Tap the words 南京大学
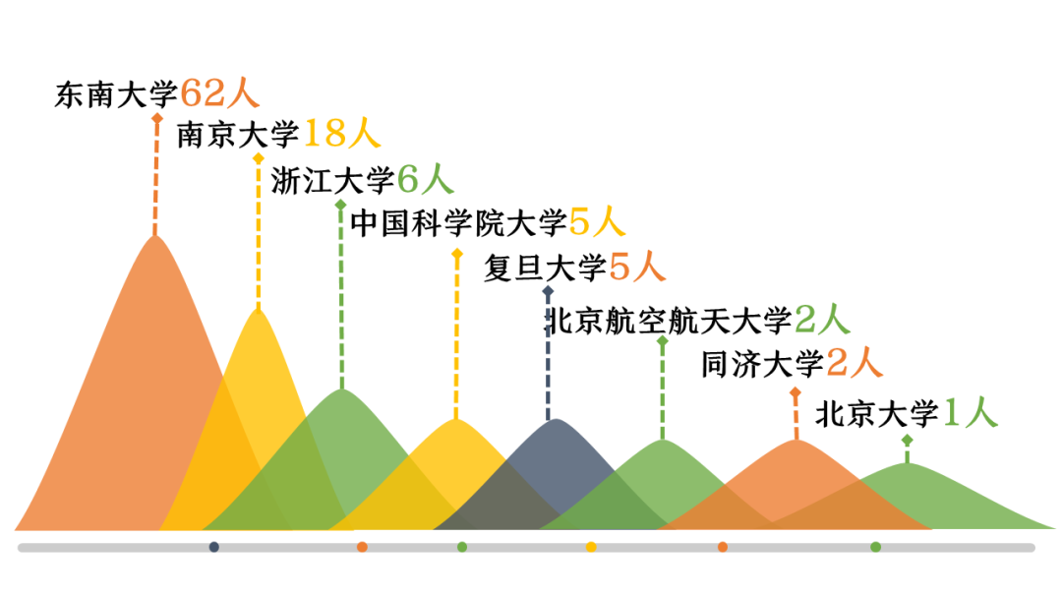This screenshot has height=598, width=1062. pyautogui.click(x=237, y=134)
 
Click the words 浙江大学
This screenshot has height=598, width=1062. pyautogui.click(x=332, y=181)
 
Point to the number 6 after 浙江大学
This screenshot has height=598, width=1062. pyautogui.click(x=408, y=180)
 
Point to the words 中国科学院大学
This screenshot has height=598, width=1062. pyautogui.click(x=458, y=224)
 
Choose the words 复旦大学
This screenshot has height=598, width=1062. pyautogui.click(x=544, y=268)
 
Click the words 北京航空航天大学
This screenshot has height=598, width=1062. pyautogui.click(x=669, y=321)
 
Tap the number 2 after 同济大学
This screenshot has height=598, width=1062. pyautogui.click(x=837, y=364)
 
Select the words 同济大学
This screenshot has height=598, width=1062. pyautogui.click(x=762, y=365)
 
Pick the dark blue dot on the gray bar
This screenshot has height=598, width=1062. pyautogui.click(x=214, y=547)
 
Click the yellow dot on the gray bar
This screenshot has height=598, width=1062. pyautogui.click(x=591, y=547)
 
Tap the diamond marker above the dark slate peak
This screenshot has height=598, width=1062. pyautogui.click(x=548, y=291)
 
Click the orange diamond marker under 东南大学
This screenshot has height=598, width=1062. pyautogui.click(x=155, y=118)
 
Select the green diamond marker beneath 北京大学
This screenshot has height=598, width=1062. pyautogui.click(x=907, y=441)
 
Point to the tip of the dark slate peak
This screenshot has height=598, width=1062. pyautogui.click(x=556, y=420)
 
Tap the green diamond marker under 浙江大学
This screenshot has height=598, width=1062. pyautogui.click(x=340, y=205)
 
